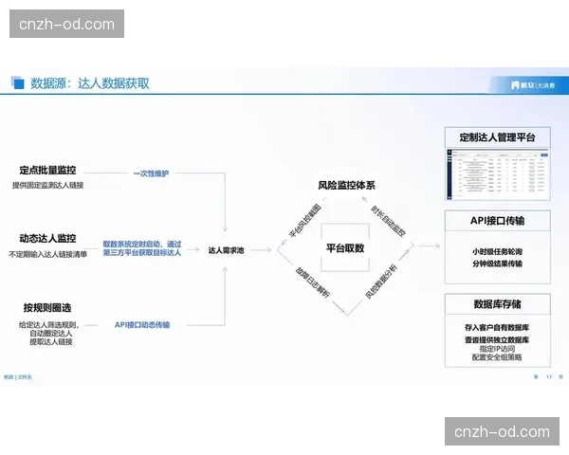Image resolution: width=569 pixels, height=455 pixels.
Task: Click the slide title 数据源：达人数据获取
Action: (x=90, y=83)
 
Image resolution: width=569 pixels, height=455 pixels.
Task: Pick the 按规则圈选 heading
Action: (x=48, y=307)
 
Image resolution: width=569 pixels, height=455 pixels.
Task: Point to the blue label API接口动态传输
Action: (x=142, y=324)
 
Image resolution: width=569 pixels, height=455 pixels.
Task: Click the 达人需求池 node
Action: (x=227, y=250)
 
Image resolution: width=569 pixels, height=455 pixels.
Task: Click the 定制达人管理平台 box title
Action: (x=497, y=138)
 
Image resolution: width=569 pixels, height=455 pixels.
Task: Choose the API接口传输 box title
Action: (x=498, y=220)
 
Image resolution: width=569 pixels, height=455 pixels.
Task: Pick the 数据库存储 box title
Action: (x=497, y=304)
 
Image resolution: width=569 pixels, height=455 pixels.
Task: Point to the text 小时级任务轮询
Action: (x=497, y=251)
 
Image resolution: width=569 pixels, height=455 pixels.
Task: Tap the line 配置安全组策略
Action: (x=497, y=358)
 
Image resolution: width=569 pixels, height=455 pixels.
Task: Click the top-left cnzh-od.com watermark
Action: (x=67, y=24)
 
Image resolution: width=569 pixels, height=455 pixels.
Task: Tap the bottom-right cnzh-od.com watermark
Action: (x=502, y=431)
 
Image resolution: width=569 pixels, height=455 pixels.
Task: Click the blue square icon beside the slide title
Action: (x=18, y=83)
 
